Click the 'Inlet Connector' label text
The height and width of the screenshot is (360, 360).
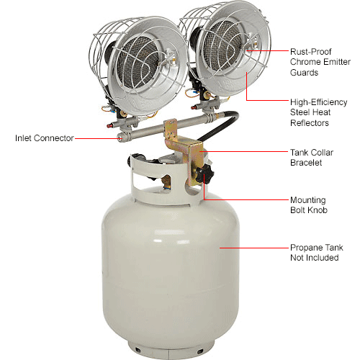(x=45, y=138)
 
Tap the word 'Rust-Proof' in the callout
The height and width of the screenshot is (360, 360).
(x=311, y=52)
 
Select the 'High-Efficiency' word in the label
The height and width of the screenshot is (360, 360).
(x=319, y=102)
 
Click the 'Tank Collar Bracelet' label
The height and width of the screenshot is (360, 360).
(x=312, y=158)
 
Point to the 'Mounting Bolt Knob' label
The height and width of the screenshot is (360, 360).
(x=309, y=205)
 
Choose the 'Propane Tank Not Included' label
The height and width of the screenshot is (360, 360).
(x=317, y=253)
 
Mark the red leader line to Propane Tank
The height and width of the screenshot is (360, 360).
(x=253, y=248)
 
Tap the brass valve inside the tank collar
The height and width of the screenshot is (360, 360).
(x=166, y=184)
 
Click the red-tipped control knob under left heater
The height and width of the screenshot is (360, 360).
(x=110, y=125)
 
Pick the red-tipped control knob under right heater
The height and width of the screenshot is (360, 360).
(x=194, y=107)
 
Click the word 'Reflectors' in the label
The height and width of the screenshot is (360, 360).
(x=310, y=123)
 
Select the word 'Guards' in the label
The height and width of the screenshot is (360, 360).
(x=304, y=73)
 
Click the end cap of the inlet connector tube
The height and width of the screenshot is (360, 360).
(x=121, y=138)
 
